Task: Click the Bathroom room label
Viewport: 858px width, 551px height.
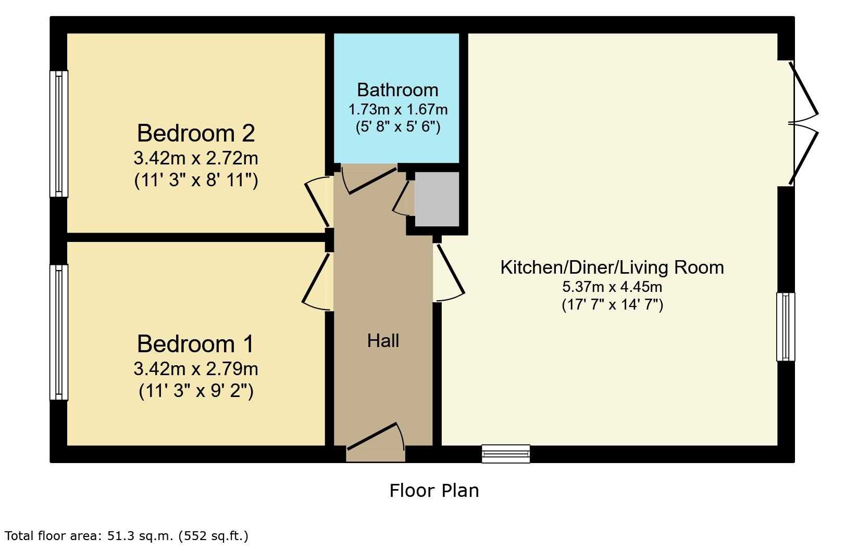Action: point(397,91)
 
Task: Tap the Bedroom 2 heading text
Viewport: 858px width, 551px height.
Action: point(196,133)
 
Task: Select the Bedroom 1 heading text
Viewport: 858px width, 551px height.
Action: point(195,343)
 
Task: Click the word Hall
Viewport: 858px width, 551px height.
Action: point(383,341)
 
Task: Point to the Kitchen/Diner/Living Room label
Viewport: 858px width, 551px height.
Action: point(612,267)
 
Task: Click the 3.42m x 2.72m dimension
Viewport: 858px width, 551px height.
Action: point(196,158)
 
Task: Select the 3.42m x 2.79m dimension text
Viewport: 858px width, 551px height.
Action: point(196,369)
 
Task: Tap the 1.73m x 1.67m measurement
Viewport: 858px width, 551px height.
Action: point(397,110)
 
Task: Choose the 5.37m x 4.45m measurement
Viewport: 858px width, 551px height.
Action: point(612,287)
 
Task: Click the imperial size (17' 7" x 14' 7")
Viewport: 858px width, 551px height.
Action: point(612,305)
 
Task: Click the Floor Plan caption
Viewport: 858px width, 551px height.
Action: point(434,491)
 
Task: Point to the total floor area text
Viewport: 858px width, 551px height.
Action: point(127,536)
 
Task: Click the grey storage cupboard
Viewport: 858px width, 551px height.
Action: point(437,199)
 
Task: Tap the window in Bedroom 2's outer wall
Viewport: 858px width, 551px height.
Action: point(58,134)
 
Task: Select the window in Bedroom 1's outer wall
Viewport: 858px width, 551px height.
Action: point(58,332)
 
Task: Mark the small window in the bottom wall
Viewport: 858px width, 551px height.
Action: point(506,454)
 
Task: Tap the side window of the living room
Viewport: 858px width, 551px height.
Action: point(786,327)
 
